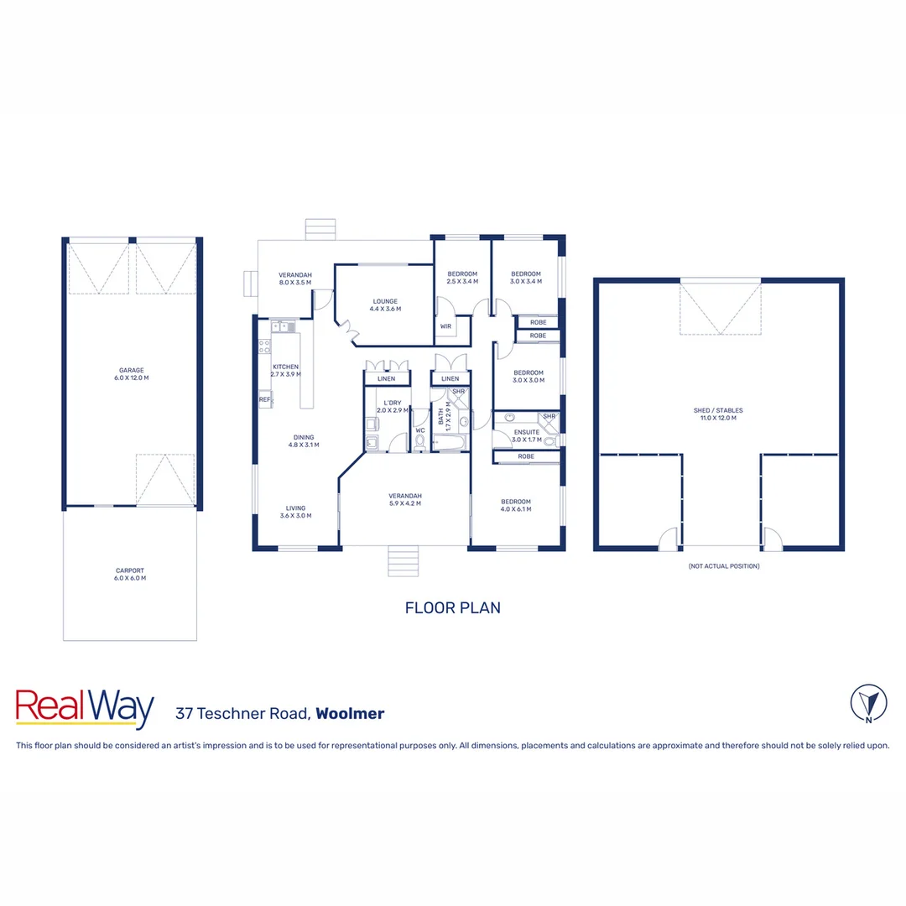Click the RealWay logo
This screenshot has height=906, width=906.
[85, 709]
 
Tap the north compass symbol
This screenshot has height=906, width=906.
[868, 703]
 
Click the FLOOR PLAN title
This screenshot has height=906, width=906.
[452, 607]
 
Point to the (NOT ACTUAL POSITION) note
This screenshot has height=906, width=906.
[723, 566]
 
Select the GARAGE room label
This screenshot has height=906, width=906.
[131, 374]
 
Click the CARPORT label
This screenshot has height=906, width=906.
[130, 575]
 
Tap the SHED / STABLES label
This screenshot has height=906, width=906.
[717, 414]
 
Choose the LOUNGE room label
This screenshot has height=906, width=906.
[386, 305]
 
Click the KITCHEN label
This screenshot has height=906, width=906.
[285, 371]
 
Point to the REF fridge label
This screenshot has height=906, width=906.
[264, 400]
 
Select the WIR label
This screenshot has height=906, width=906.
[445, 326]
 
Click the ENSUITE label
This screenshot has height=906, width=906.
[527, 435]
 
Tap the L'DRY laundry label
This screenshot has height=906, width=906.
[392, 406]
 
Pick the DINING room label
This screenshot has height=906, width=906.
[304, 440]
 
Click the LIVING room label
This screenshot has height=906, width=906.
[295, 512]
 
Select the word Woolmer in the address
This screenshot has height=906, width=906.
[351, 714]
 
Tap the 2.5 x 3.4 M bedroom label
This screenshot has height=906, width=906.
[462, 278]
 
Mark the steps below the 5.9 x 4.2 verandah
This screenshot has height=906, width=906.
[403, 560]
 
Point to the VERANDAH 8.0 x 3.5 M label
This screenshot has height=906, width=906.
[295, 279]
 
